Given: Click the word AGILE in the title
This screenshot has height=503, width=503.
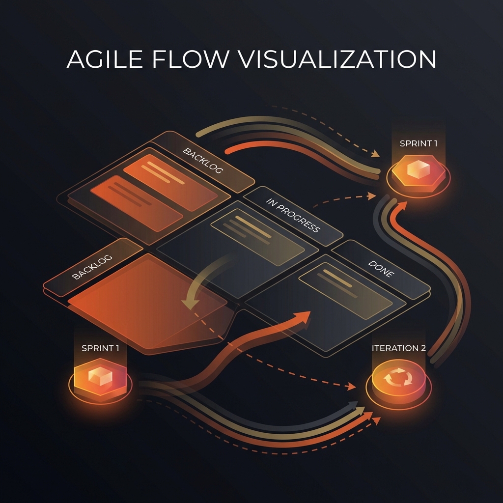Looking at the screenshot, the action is click(105, 59).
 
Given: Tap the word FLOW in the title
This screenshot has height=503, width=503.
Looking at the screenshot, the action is click(191, 59).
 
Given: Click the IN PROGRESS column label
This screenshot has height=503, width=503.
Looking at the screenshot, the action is click(293, 215).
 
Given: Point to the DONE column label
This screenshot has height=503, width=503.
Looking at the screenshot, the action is click(381, 269).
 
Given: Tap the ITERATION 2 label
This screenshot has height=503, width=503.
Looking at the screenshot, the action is click(399, 348).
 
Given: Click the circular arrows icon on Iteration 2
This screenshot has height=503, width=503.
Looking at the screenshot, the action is click(398, 377).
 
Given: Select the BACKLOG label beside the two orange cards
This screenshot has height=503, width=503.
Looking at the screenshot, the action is click(202, 161).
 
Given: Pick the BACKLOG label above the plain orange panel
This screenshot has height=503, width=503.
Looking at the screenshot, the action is click(92, 267).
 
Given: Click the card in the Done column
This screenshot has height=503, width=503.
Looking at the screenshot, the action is click(345, 291).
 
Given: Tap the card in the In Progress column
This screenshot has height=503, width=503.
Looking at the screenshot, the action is click(257, 237).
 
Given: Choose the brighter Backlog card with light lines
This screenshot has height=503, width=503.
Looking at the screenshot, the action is click(170, 182).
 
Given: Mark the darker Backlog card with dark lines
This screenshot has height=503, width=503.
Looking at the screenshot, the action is click(137, 203).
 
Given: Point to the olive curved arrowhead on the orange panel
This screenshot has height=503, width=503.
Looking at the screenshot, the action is click(190, 304).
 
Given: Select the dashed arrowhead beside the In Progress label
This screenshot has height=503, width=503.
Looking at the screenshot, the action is click(372, 196).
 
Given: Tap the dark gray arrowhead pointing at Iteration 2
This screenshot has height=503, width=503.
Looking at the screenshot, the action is click(353, 405).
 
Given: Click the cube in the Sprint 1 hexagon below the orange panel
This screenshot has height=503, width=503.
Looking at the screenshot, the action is click(100, 376).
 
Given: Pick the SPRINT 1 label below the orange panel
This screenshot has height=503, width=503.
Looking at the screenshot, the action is click(100, 348).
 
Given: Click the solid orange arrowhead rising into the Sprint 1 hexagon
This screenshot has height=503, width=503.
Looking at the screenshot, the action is click(402, 205).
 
